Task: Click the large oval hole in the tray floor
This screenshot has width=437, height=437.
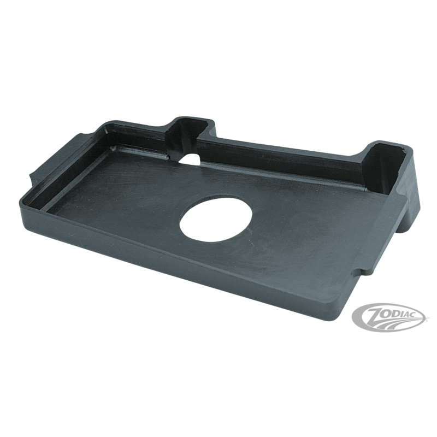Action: [x=216, y=217]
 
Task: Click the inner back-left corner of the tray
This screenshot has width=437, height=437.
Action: [x=111, y=147]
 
